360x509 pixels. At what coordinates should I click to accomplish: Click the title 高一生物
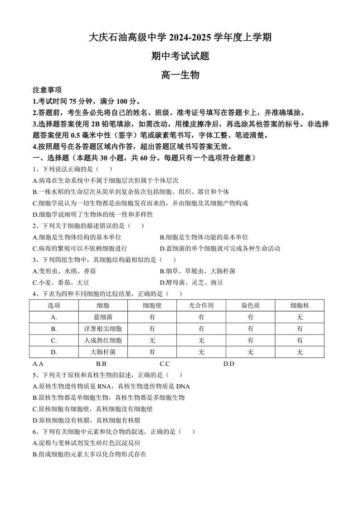[180, 75]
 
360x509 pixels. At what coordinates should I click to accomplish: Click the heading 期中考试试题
[180, 56]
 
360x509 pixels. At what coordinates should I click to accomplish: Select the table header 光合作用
[201, 305]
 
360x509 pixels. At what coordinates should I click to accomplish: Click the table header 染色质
[250, 305]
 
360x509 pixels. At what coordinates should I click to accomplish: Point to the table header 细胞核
[299, 305]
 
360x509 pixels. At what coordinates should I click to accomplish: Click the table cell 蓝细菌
[103, 317]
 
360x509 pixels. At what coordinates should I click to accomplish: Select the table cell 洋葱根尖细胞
[103, 329]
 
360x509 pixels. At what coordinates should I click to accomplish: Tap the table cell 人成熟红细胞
[103, 340]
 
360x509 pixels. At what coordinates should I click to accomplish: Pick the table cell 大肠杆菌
[103, 352]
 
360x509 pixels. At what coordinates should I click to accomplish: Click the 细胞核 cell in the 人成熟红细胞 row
[299, 340]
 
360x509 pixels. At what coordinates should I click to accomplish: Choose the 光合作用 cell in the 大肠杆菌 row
[201, 352]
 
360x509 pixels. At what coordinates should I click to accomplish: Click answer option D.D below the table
[229, 364]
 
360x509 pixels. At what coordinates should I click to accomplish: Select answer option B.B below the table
[101, 364]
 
